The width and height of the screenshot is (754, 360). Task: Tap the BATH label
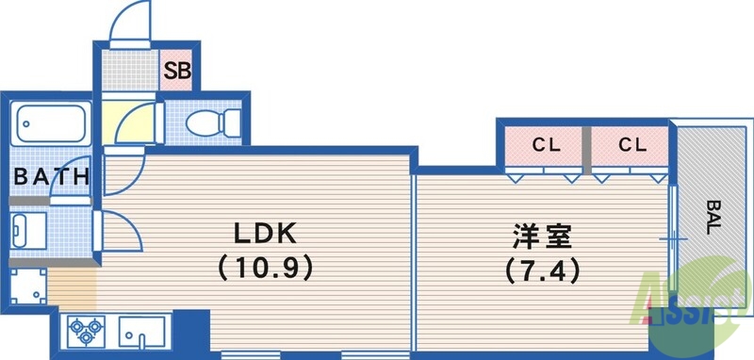pos(52,175)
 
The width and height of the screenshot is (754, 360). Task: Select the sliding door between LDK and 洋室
pos(415,254)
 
